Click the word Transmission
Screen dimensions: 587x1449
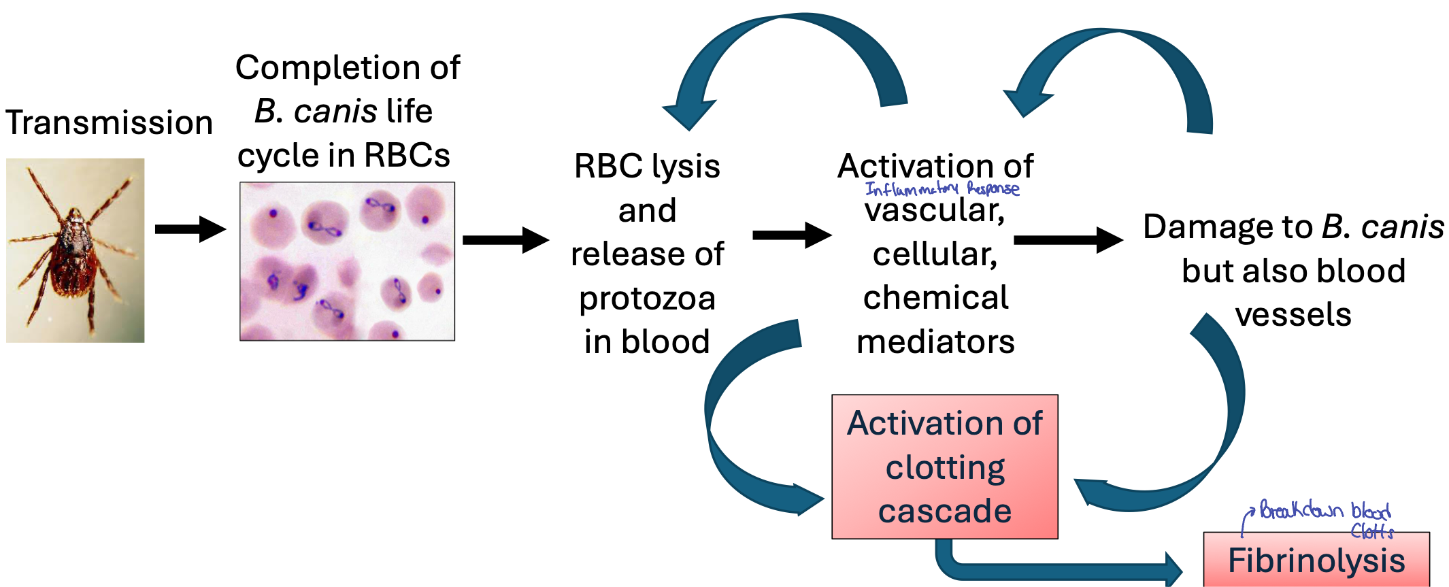[109, 123]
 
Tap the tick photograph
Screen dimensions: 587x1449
[75, 250]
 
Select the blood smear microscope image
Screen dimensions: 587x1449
[347, 261]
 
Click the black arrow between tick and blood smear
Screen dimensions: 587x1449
[190, 229]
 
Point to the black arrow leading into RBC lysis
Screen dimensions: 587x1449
[505, 240]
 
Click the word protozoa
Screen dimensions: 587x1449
[647, 299]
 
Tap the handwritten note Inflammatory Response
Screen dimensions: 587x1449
[942, 189]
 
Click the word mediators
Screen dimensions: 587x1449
[935, 341]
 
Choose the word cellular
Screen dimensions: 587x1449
[935, 254]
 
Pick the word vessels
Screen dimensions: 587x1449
[1293, 315]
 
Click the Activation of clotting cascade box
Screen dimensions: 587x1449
[944, 467]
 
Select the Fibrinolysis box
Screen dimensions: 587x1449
[1316, 560]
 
